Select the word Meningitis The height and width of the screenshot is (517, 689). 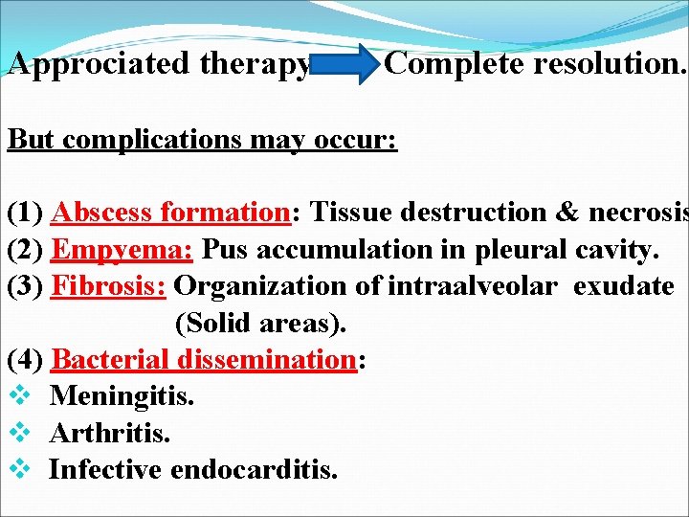click(122, 395)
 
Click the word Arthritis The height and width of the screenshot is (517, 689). click(109, 433)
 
